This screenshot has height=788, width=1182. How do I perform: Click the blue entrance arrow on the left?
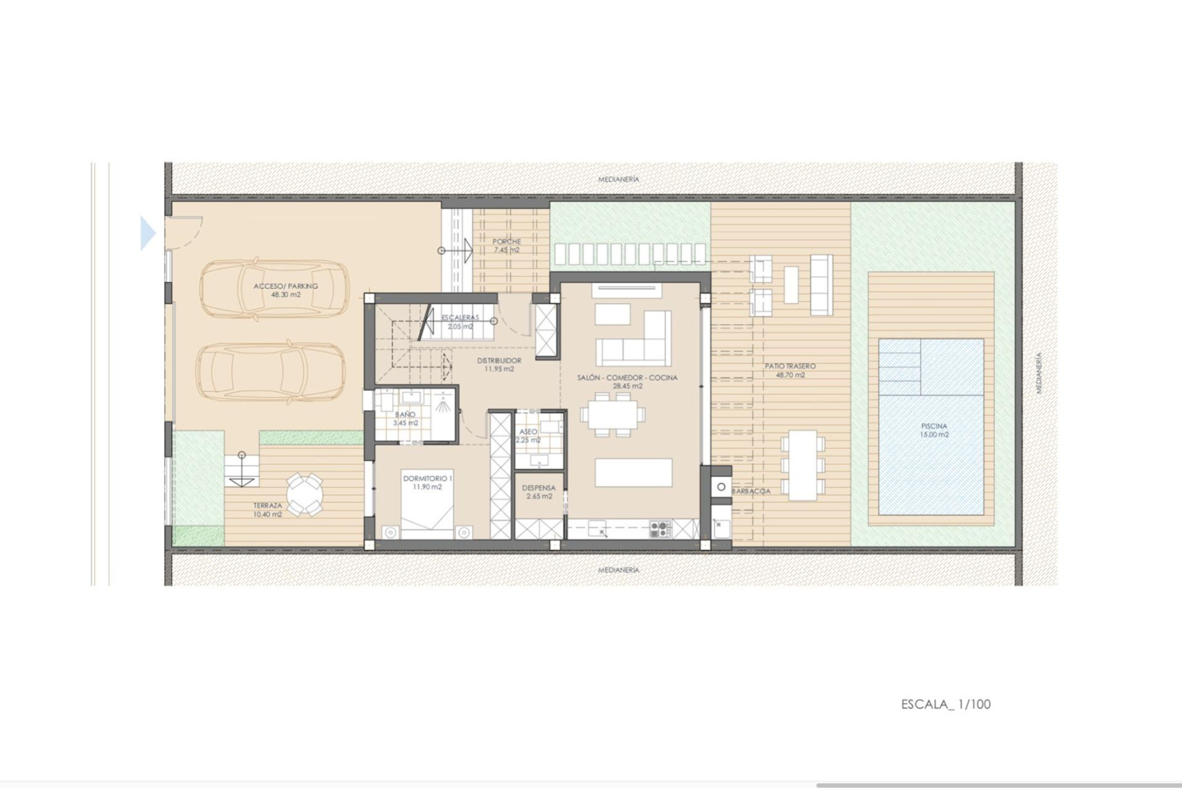[x=148, y=233]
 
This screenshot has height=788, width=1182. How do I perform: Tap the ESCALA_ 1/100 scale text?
[x=946, y=704]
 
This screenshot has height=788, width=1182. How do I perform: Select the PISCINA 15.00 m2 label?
[x=934, y=430]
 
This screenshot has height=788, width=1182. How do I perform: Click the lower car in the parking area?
[x=271, y=371]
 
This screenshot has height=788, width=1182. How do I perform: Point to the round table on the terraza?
[x=304, y=494]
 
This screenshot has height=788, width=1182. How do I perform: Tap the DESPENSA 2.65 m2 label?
[x=538, y=492]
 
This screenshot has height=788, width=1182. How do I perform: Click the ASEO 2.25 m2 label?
[x=529, y=436]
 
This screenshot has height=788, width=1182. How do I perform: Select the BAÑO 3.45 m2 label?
[x=405, y=419]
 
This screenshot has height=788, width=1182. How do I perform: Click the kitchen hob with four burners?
[x=659, y=528]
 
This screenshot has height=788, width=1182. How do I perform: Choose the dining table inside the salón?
[x=612, y=414]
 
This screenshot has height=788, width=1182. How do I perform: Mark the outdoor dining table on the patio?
[x=802, y=465]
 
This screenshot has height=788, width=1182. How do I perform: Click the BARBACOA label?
[x=751, y=491]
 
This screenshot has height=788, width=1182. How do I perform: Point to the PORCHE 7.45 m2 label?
[x=506, y=246]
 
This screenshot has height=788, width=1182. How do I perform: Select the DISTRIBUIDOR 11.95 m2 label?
[x=499, y=364]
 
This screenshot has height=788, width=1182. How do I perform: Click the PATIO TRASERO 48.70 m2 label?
[x=790, y=370]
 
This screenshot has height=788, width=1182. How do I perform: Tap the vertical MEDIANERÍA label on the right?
[x=1039, y=373]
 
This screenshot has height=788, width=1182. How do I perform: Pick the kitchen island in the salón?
[x=633, y=472]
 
